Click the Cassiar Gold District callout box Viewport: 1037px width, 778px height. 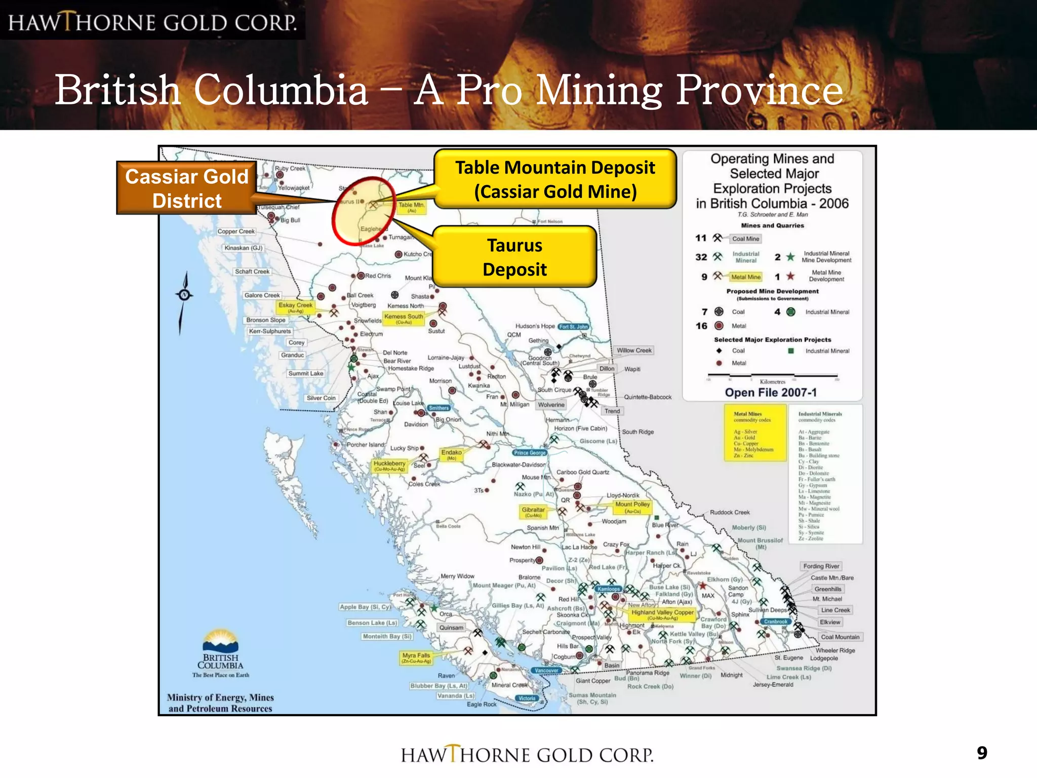click(187, 188)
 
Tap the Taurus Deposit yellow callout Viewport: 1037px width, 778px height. click(514, 257)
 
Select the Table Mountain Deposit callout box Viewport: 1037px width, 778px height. click(555, 179)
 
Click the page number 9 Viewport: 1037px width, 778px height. click(982, 753)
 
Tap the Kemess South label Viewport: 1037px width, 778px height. click(404, 318)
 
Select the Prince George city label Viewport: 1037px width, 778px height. click(530, 453)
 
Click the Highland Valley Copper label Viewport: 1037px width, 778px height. click(662, 614)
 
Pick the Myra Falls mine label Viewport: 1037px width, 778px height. click(416, 657)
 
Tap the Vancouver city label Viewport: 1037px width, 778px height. click(547, 671)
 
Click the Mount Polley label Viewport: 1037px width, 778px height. click(632, 507)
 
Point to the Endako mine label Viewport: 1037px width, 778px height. click(451, 454)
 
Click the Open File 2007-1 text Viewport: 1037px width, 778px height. click(771, 393)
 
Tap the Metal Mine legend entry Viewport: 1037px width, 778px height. click(746, 277)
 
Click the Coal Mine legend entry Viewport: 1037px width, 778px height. click(745, 239)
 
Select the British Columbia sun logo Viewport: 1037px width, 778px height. click(220, 641)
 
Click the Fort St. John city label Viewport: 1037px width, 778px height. click(574, 327)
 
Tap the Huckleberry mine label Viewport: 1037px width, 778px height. click(389, 465)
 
